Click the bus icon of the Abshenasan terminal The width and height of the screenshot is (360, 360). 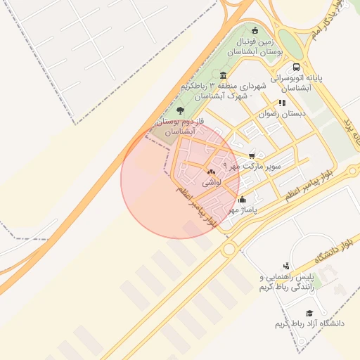click(x=296, y=67)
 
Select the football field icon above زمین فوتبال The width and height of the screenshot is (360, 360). click(x=255, y=30)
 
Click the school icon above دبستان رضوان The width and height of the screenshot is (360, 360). click(x=283, y=103)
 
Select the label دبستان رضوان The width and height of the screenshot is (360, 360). click(x=283, y=113)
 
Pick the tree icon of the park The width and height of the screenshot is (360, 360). click(x=181, y=110)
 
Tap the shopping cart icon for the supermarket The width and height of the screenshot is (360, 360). click(x=252, y=156)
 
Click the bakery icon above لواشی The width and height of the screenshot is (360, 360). click(x=211, y=172)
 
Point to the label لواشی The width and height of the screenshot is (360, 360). click(x=212, y=182)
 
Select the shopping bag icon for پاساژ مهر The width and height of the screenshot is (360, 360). click(x=243, y=199)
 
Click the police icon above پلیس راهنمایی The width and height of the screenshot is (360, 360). click(x=285, y=266)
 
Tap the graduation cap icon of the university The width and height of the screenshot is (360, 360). click(x=309, y=314)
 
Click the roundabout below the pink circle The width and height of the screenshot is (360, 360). click(x=229, y=249)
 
